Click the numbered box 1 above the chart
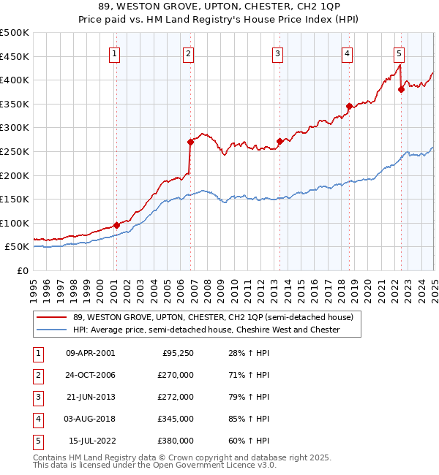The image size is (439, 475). click(116, 53)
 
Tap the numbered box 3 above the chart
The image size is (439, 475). click(278, 53)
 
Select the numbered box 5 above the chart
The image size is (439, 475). click(399, 53)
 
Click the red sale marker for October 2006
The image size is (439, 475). click(190, 142)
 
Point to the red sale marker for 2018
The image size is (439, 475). click(349, 106)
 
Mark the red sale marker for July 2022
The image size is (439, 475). click(401, 90)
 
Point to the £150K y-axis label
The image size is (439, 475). click(15, 199)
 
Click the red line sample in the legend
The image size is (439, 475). click(50, 317)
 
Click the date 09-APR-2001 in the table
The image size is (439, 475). click(90, 353)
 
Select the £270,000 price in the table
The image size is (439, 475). click(176, 375)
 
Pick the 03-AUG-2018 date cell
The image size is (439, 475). click(90, 419)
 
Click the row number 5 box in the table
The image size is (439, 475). click(36, 441)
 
